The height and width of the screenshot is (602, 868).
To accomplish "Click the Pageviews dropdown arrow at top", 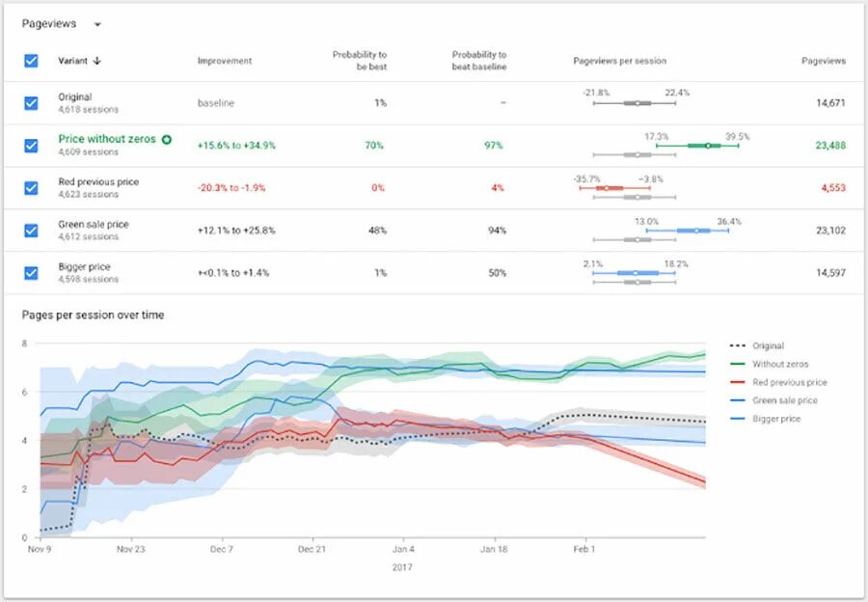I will click(97, 24).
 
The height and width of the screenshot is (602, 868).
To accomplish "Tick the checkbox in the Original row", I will click(31, 103).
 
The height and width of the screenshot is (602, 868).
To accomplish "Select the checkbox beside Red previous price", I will click(31, 187).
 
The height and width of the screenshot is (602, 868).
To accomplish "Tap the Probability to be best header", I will click(360, 61).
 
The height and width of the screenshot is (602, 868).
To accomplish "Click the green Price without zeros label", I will click(107, 139).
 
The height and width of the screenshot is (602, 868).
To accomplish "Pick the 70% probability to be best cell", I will click(374, 146).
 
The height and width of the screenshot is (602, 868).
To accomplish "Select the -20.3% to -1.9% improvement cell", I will click(232, 188).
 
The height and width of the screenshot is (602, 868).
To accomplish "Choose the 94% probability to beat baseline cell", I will click(497, 231).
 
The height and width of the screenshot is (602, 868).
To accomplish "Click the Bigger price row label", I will click(84, 266).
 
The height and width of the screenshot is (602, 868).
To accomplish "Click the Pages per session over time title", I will click(93, 315).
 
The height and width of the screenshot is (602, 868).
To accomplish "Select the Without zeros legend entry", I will click(781, 364).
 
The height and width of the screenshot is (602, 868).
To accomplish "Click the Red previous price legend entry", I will click(789, 382).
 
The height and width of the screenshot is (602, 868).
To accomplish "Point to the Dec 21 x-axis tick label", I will click(312, 550).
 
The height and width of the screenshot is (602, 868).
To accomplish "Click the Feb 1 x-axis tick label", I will click(584, 550).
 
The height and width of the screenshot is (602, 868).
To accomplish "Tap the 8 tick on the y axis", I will click(24, 342).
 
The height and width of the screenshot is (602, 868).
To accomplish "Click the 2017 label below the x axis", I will click(402, 567).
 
